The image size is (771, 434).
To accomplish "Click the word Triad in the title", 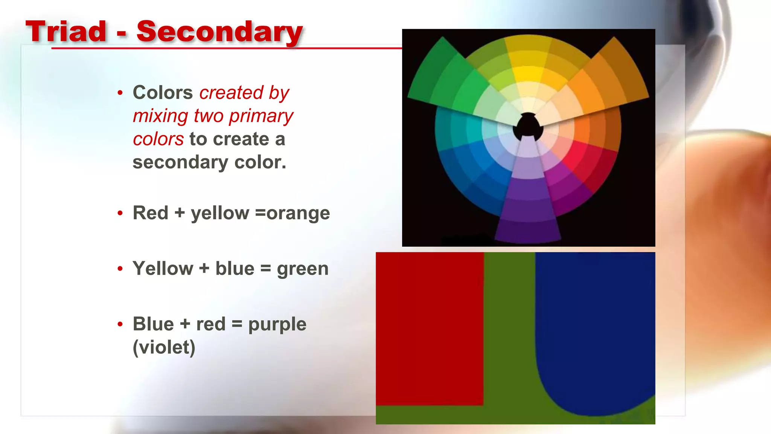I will click(66, 32).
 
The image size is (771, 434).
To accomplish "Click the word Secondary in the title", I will click(219, 32).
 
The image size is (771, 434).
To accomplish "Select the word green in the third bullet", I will click(303, 269).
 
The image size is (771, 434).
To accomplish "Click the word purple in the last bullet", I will click(277, 325).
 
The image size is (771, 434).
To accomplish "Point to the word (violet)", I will click(164, 347).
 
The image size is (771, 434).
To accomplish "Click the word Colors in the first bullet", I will click(163, 93).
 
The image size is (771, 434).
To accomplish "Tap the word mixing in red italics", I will click(160, 116).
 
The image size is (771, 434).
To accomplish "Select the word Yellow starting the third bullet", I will click(163, 269).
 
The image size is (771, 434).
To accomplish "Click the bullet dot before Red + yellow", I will click(120, 214).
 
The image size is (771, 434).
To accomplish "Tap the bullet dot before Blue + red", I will click(120, 324).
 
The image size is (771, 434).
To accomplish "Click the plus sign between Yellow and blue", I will click(204, 269).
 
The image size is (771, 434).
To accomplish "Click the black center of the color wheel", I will click(528, 126).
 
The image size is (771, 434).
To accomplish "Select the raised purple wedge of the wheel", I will click(528, 211).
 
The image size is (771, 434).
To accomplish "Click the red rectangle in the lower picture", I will click(429, 328).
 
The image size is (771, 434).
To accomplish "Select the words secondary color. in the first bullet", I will click(209, 163).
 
